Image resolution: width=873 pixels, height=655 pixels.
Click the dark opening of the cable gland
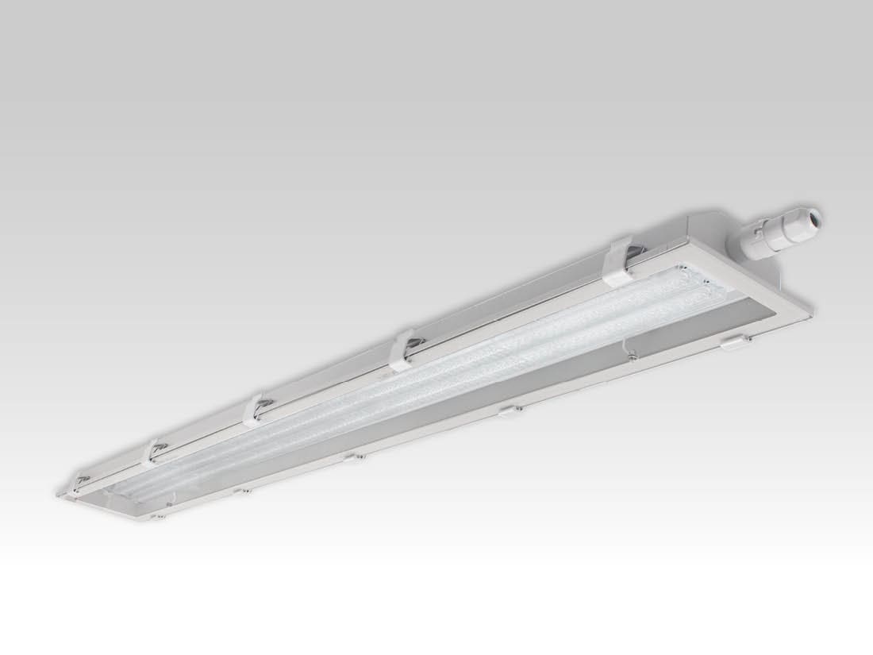click(816, 215)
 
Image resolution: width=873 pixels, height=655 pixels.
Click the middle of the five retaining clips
click(255, 409)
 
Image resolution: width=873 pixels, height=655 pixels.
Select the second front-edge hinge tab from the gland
click(508, 410)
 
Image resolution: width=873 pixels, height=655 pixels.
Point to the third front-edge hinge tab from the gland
click(355, 457)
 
